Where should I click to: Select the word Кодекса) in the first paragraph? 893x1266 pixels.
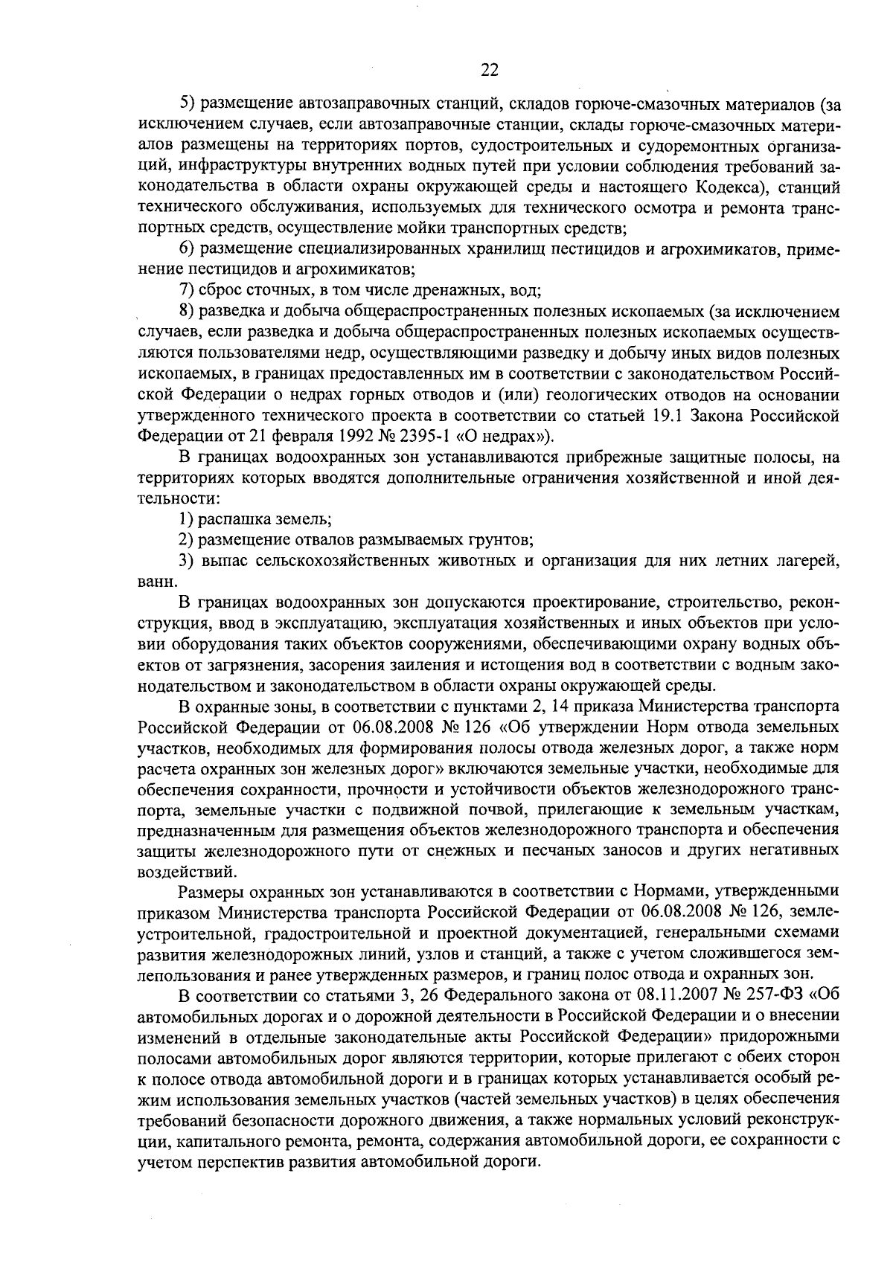point(720,185)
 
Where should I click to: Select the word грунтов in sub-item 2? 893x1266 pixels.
point(498,539)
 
